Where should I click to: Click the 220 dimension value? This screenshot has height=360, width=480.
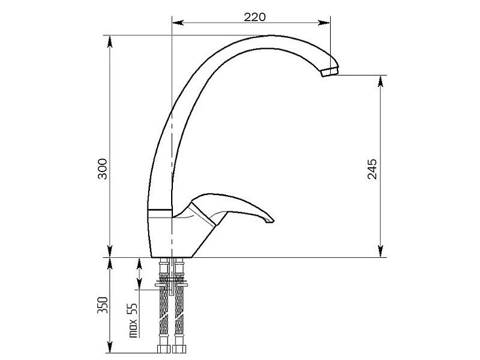point(255,17)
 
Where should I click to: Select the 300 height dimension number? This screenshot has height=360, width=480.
point(103,169)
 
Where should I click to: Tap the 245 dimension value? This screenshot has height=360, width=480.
point(372,169)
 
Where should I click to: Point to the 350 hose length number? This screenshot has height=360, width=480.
point(103,305)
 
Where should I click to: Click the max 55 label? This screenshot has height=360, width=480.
point(134,320)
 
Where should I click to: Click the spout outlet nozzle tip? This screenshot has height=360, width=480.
point(329,72)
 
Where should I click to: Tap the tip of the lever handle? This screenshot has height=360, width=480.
point(271,220)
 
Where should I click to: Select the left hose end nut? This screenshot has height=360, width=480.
point(163,349)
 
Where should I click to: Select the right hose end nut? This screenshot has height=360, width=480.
point(179,349)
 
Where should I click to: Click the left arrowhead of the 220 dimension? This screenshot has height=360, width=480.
point(178,22)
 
